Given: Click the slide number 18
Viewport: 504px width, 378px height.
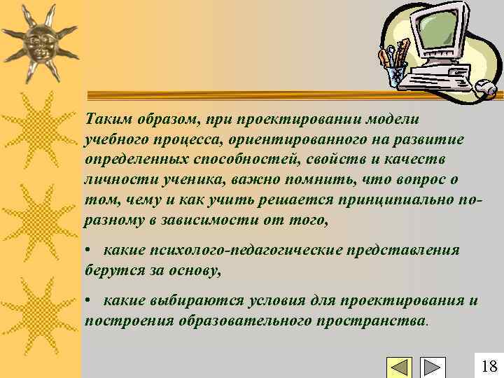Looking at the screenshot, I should coord(489,365).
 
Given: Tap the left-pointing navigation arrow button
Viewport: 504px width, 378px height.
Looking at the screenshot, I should coord(400,367).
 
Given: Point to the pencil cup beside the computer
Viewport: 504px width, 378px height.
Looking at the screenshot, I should coord(395,67).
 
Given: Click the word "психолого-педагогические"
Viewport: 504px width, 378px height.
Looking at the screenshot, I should coord(236,251).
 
